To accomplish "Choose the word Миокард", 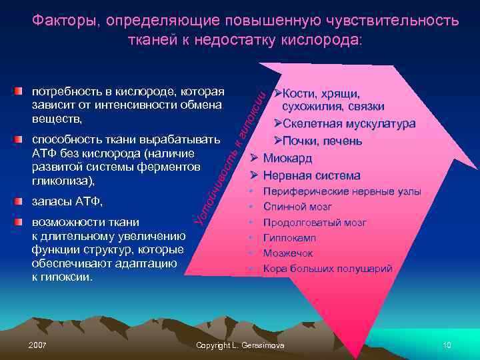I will click(x=290, y=158).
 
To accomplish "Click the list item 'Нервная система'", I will click(x=311, y=176).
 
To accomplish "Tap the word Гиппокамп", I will click(x=289, y=237).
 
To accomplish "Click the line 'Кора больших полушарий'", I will click(x=327, y=269).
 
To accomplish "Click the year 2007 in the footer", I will click(x=38, y=345).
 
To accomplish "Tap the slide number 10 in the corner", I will click(x=447, y=345).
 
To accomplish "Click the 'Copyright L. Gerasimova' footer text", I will click(x=240, y=345).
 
